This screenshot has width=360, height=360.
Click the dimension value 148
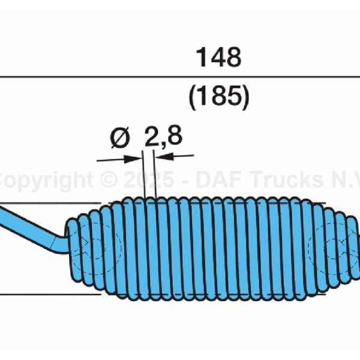coord(218,58)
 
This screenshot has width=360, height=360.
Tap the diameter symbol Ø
coord(121,139)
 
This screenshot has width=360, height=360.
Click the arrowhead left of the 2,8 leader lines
coord(133,159)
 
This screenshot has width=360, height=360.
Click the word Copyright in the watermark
coord(45,181)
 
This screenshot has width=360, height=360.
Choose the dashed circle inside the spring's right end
coord(324,248)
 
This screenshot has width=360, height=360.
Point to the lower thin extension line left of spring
coord(48,294)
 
